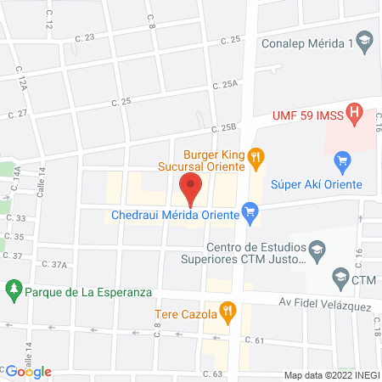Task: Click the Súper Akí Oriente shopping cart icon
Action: (343, 160)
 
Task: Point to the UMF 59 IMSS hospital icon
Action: (357, 111)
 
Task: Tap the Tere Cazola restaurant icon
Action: (227, 312)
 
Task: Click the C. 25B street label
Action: (222, 128)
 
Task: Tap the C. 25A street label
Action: (226, 85)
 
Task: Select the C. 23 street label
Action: (85, 37)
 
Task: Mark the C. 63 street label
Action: (212, 374)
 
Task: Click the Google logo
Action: (29, 371)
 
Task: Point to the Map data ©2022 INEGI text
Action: (331, 375)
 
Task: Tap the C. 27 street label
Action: (18, 113)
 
